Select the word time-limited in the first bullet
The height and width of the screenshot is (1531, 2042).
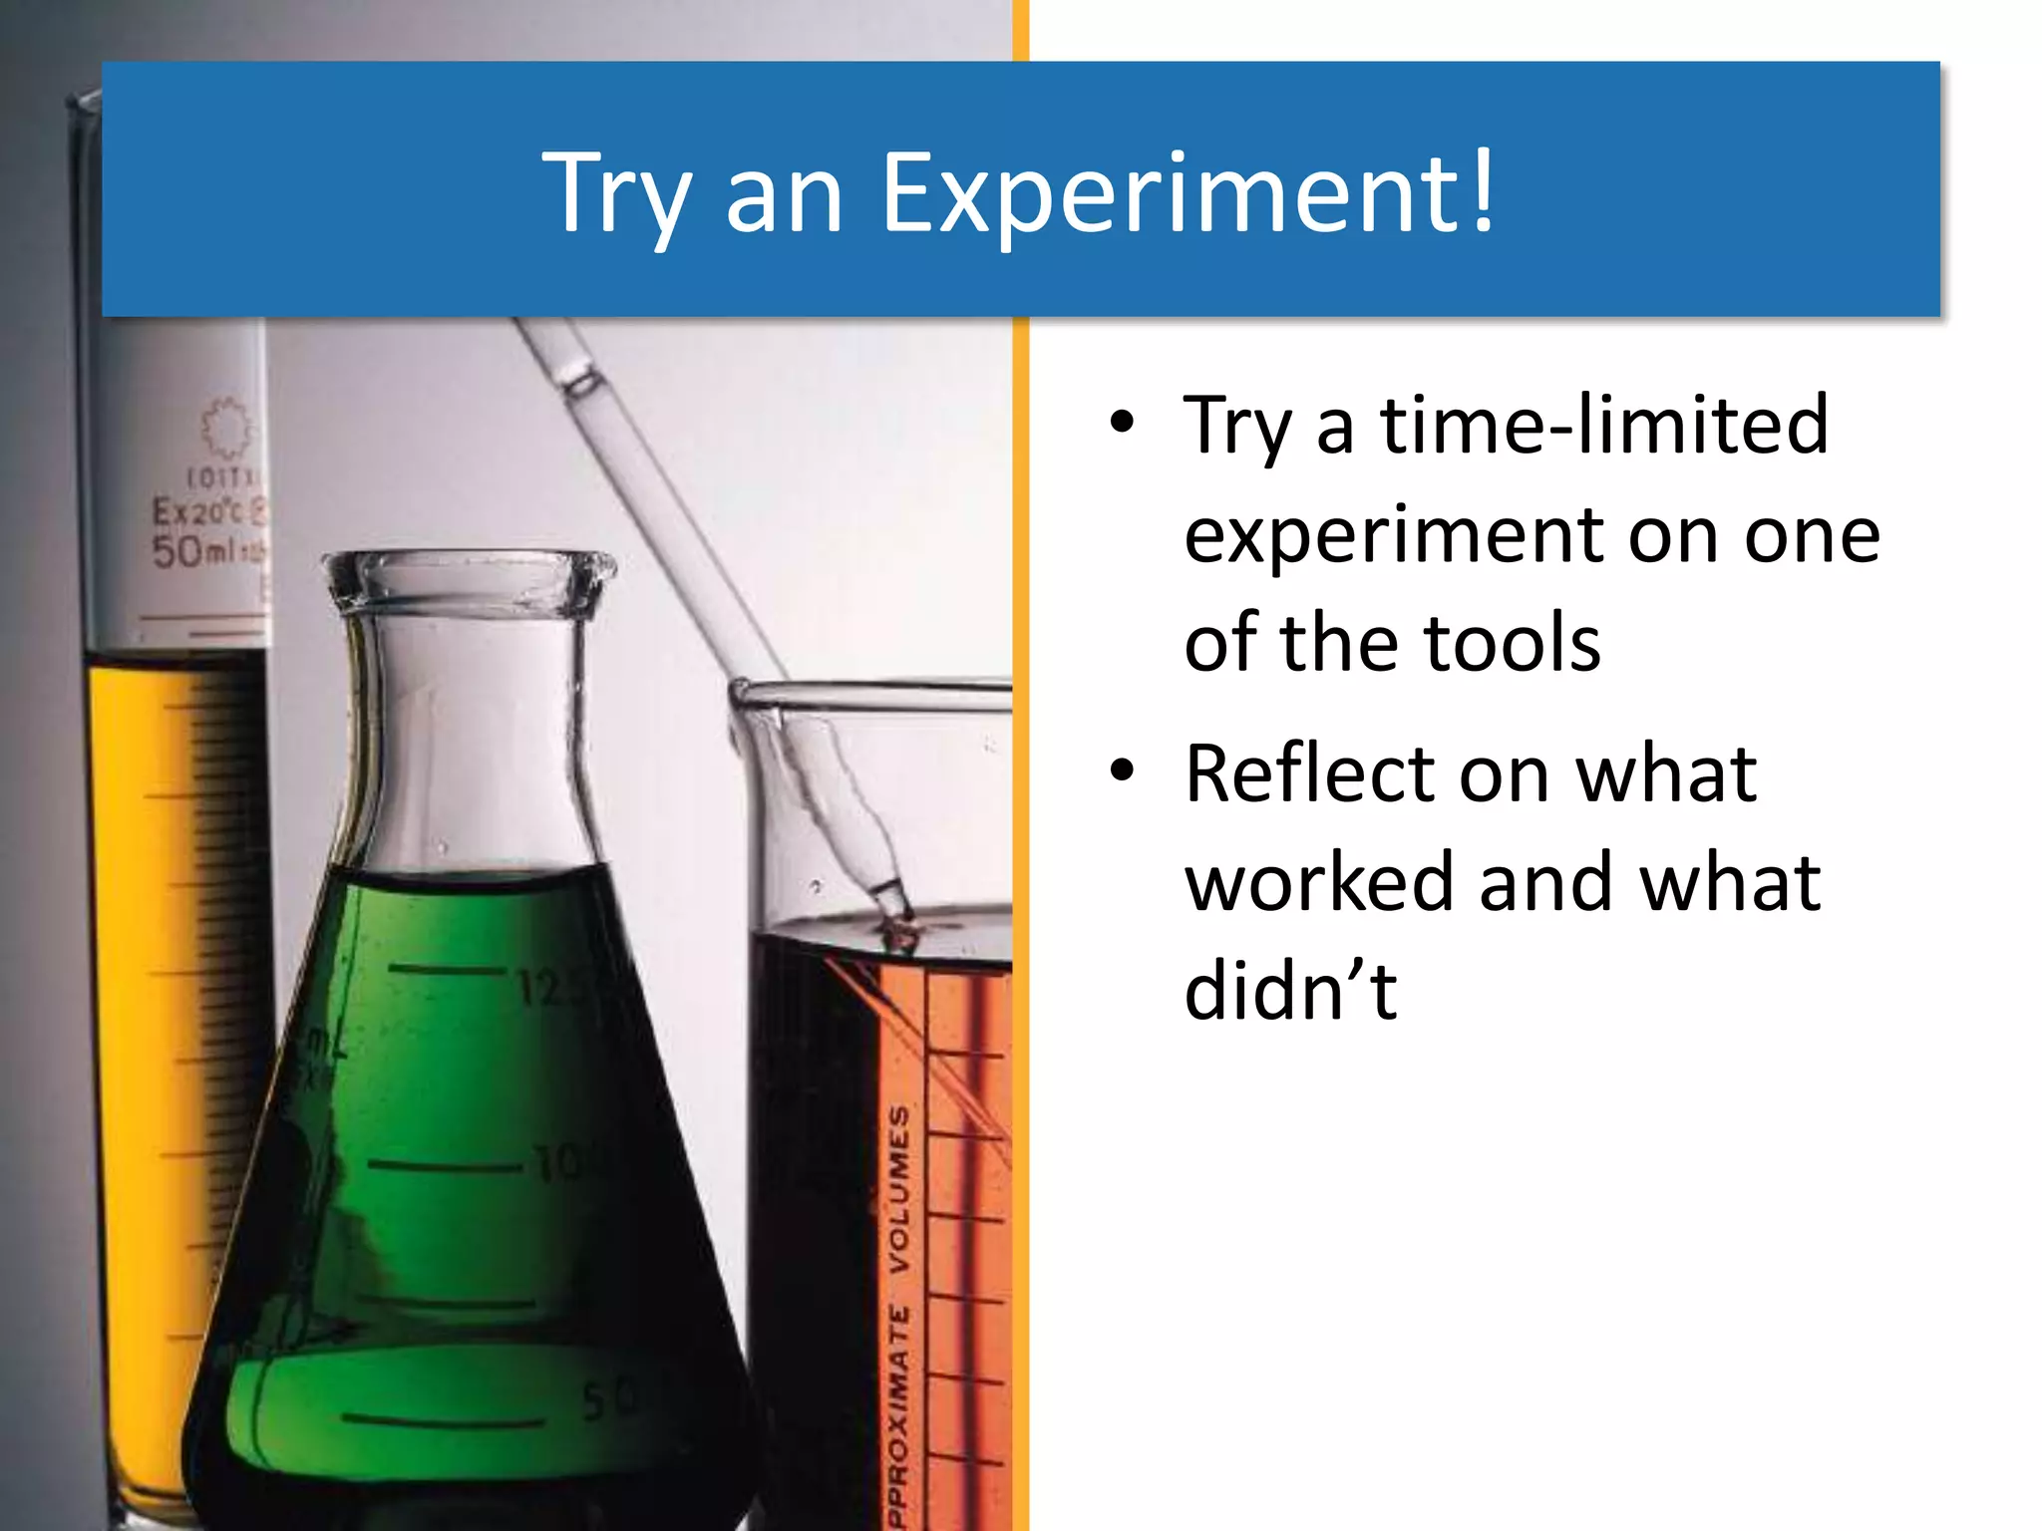coord(1604,426)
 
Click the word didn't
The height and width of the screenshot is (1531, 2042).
coord(1290,991)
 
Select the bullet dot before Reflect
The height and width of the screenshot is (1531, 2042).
coord(1122,770)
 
